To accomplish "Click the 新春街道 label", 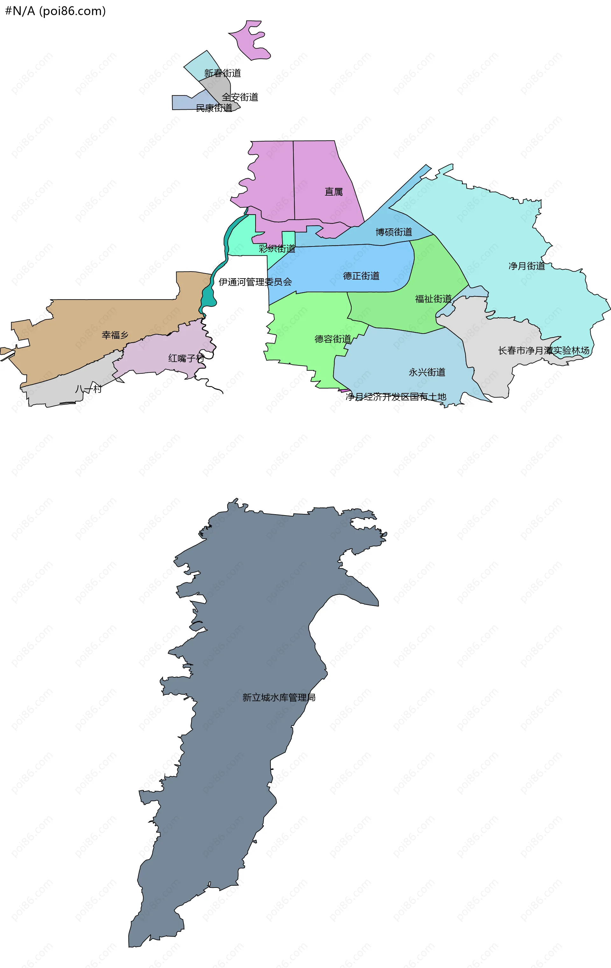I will pos(222,73).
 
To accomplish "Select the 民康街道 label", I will pos(214,108).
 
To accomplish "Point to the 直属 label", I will pos(334,192).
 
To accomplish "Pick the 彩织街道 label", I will pos(277,249).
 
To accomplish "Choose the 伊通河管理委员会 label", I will pos(255,282).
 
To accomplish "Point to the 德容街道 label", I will pos(332,339).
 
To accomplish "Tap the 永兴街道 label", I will pos(427,373).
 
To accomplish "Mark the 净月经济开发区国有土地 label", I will pos(396,397).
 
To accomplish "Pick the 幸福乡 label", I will pos(115,335).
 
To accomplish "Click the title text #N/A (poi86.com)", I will pos(55,11).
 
